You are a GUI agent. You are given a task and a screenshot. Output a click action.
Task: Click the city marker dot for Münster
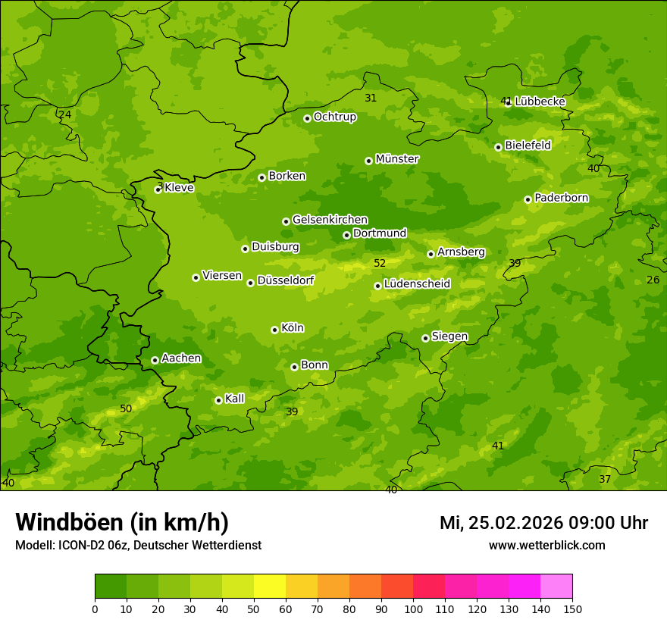[x=369, y=161]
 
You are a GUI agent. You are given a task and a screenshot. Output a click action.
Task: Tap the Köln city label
[x=293, y=328]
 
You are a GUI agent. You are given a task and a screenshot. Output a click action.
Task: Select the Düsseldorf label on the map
[x=286, y=280]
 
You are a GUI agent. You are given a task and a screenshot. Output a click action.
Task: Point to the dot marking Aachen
[x=155, y=360]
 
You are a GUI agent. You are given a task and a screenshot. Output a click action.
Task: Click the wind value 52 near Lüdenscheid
[x=380, y=263]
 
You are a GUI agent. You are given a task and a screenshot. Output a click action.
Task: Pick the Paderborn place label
[x=562, y=198]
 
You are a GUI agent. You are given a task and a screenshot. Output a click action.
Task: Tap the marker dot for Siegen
[x=425, y=338]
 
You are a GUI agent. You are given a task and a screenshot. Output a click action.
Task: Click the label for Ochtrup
[x=335, y=117]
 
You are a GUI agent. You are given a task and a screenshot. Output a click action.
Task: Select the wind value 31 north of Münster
[x=371, y=98]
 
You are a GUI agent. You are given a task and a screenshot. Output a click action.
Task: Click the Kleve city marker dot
[x=158, y=189]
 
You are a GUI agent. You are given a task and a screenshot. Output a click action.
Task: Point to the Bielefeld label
[x=528, y=145]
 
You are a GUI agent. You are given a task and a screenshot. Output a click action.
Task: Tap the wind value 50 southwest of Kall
[x=126, y=408]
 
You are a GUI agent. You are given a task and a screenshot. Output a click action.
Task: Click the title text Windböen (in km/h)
[x=122, y=522]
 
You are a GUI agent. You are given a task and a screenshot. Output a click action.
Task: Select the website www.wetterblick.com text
[x=546, y=545]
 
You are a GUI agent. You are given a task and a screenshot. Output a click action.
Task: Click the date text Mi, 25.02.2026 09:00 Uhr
[x=543, y=523]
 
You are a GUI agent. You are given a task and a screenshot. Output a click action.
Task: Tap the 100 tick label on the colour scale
[x=413, y=609]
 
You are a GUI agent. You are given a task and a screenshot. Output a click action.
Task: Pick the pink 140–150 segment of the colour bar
[x=556, y=587]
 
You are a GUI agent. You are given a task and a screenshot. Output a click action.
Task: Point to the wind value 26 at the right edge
[x=653, y=280]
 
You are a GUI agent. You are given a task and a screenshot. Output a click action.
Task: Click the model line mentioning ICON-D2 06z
[x=138, y=545]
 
